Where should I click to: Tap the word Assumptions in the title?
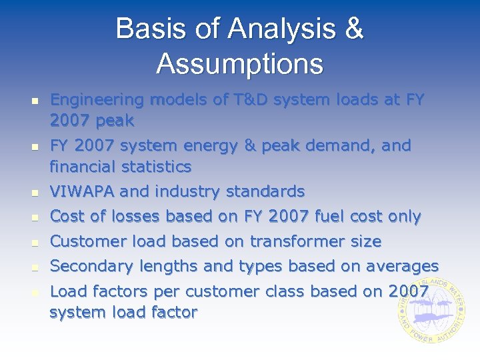[x=240, y=64]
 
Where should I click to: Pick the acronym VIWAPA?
[x=83, y=191]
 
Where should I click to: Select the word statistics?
[x=161, y=166]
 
